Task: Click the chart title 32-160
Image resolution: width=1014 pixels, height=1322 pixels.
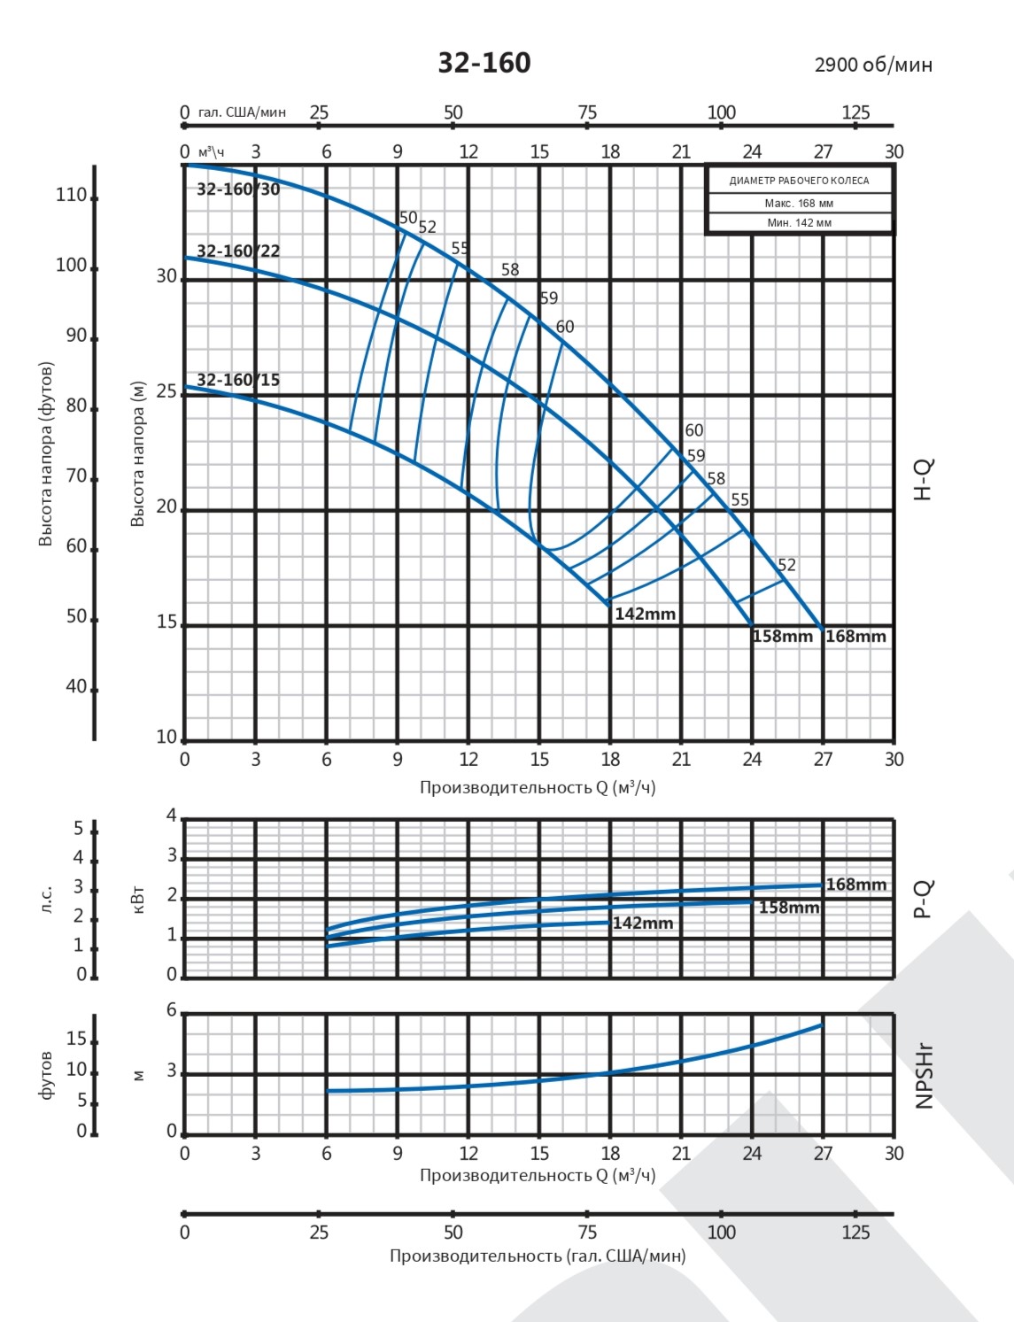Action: tap(484, 63)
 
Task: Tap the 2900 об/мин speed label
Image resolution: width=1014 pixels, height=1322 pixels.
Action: tap(873, 65)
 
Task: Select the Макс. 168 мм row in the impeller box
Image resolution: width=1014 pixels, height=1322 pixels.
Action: tap(799, 204)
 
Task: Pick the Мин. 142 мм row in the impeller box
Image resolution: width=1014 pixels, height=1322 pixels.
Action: tap(799, 223)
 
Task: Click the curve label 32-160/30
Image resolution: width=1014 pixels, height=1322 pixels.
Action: tap(238, 189)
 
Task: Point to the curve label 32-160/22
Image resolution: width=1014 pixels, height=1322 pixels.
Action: tap(238, 251)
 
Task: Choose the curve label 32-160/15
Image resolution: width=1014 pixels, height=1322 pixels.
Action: tap(238, 381)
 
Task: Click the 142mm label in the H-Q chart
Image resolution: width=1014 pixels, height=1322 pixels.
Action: tap(646, 615)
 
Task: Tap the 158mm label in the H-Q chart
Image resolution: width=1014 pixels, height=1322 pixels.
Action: tap(783, 637)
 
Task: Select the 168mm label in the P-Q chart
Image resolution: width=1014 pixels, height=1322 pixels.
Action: tap(856, 885)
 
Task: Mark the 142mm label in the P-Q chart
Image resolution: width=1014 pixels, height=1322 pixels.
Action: tap(643, 924)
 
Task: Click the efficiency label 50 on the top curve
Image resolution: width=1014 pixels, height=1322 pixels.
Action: tap(408, 218)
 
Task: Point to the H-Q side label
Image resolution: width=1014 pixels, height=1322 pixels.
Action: tap(924, 480)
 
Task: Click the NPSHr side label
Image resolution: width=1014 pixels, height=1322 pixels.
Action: tap(925, 1075)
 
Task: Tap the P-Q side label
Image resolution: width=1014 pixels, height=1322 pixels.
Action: tap(924, 899)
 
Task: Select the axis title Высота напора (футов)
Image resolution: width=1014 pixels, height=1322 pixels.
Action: tap(46, 453)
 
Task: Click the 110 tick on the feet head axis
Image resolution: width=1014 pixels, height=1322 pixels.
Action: tap(71, 196)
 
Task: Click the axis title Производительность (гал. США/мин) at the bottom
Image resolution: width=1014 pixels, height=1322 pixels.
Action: tap(538, 1256)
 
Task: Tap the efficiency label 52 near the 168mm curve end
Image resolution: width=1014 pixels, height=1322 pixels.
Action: tap(786, 565)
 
